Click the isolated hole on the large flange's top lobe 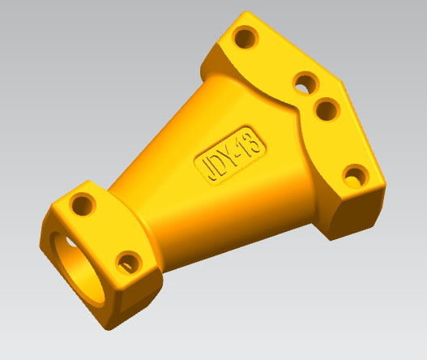pyautogui.click(x=242, y=36)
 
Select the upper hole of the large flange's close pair pyautogui.click(x=305, y=81)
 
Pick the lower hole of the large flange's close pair pyautogui.click(x=325, y=108)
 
